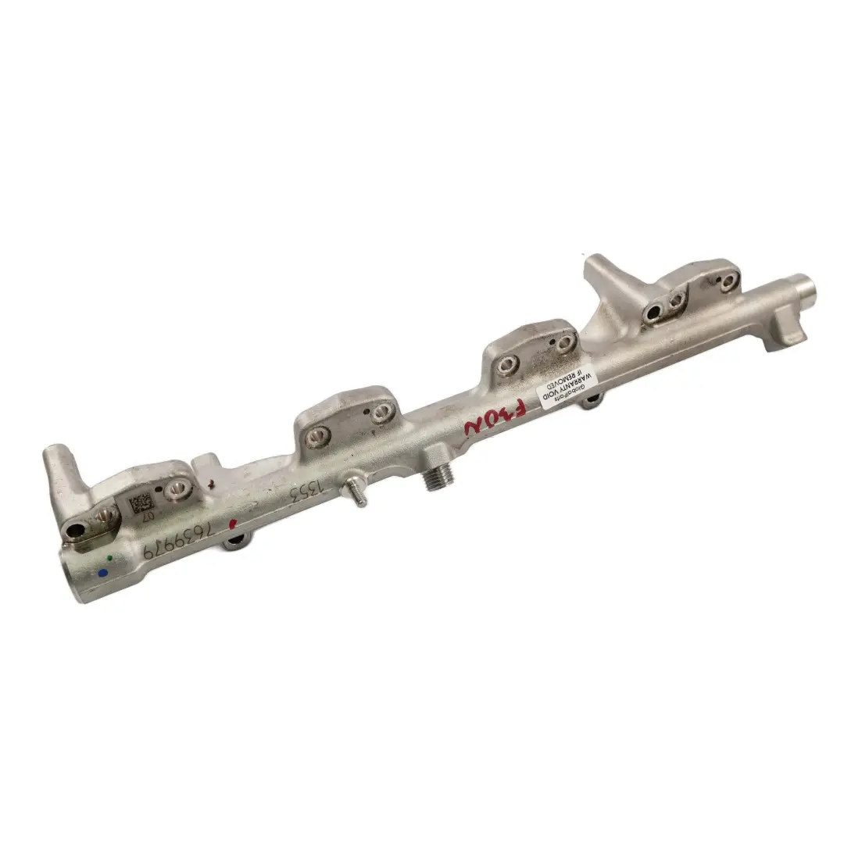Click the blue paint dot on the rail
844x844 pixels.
pyautogui.click(x=102, y=573)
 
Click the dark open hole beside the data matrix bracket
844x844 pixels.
pyautogui.click(x=76, y=531)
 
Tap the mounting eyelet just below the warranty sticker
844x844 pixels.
pyautogui.click(x=592, y=400)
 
